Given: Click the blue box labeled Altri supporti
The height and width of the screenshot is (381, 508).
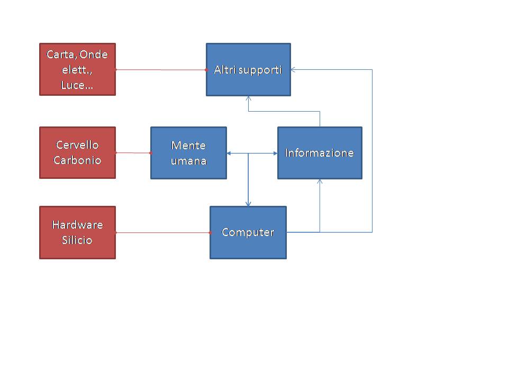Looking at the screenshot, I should pos(248,69).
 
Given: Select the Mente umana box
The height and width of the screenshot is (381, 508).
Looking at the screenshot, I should pos(188,153).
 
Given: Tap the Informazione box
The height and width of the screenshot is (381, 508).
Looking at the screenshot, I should pos(320,153).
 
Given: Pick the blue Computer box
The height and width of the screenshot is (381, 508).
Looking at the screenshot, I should pos(248,232).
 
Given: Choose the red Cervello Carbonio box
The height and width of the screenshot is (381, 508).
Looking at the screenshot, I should pos(77,152).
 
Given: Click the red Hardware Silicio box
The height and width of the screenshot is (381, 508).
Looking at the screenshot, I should pos(77,232).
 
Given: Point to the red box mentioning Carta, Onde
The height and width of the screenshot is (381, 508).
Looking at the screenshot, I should pos(77,69).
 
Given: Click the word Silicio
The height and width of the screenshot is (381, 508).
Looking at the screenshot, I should pos(77,240).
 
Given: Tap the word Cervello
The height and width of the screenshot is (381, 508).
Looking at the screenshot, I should pos(77,145).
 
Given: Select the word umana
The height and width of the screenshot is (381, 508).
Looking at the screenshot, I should pos(188,161).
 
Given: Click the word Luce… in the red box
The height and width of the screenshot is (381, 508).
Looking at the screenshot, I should pos(77,85).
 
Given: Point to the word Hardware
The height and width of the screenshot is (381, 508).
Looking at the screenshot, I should pos(77,225).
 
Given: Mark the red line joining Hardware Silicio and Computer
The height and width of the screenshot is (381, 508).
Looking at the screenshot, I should pos(163,232).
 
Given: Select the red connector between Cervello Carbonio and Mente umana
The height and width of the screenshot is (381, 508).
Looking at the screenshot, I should pos(133,153).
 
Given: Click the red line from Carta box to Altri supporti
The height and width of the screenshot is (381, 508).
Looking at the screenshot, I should pos(161,69).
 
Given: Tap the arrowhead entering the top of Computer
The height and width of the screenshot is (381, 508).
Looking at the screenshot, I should pos(248,204).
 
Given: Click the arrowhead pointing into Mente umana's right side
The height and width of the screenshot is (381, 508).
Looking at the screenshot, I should pos(230,153).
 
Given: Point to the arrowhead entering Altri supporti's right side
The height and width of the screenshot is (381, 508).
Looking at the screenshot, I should pos(294,69).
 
